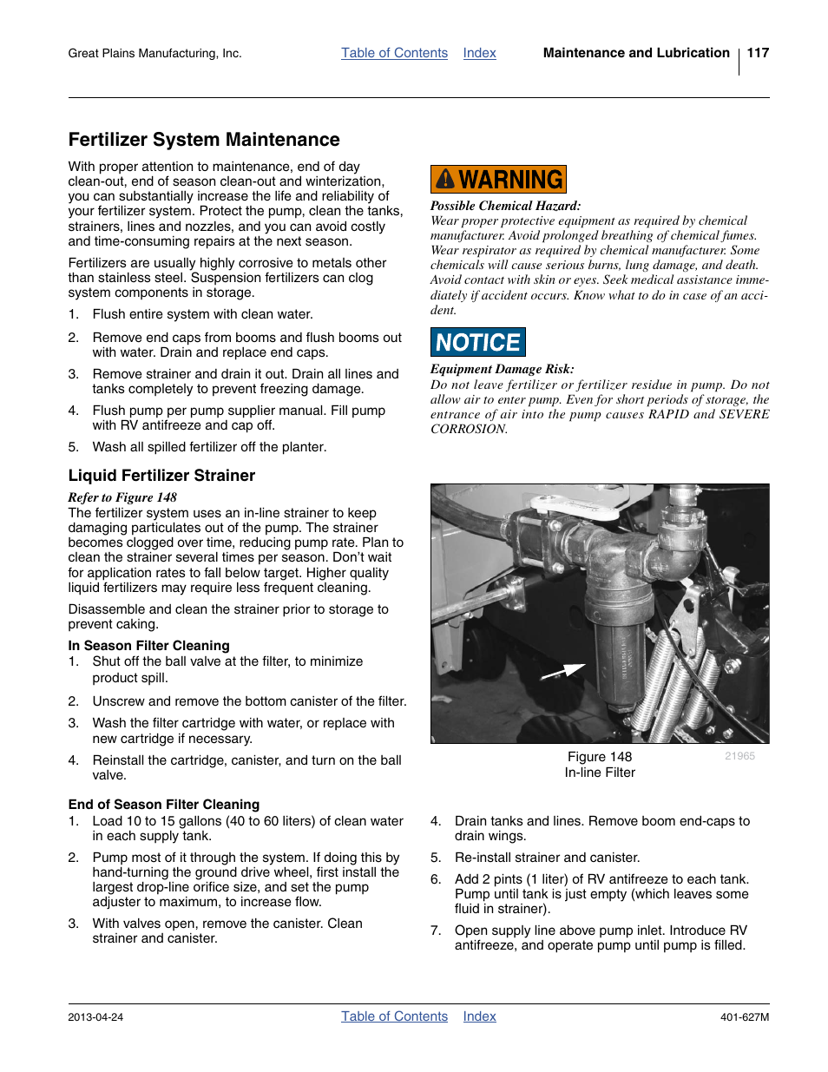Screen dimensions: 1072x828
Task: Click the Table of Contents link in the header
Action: (x=394, y=53)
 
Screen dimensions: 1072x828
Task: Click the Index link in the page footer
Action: (x=479, y=1016)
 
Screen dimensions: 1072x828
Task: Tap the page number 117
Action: (x=758, y=53)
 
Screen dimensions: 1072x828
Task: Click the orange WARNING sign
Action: (x=498, y=180)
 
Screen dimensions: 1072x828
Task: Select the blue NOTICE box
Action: (x=477, y=342)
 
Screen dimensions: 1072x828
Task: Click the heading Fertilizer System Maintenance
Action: (x=204, y=140)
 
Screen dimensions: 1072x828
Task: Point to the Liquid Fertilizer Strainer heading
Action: (x=161, y=476)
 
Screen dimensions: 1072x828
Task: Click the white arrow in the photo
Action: (x=562, y=671)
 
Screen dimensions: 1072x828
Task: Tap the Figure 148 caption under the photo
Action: (x=600, y=757)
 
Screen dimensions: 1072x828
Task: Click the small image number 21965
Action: (x=739, y=756)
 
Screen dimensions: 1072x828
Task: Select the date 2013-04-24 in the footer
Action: (x=95, y=1017)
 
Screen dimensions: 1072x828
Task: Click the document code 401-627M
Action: (x=744, y=1017)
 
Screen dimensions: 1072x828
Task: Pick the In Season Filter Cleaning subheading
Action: (x=149, y=646)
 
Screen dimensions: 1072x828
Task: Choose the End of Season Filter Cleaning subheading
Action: (x=164, y=805)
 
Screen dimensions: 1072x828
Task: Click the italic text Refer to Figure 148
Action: (x=122, y=497)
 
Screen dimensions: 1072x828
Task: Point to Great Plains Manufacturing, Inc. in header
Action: (x=154, y=54)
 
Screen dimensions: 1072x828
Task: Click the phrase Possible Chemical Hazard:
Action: (x=505, y=206)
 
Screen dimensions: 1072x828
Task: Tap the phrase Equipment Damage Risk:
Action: (x=502, y=369)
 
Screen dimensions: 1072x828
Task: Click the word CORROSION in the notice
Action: (x=468, y=429)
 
